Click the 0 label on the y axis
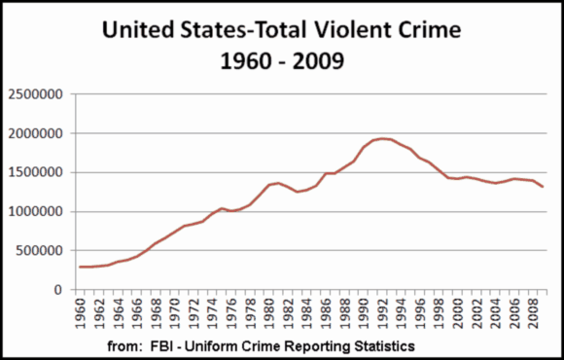60,289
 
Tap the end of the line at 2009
543,187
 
